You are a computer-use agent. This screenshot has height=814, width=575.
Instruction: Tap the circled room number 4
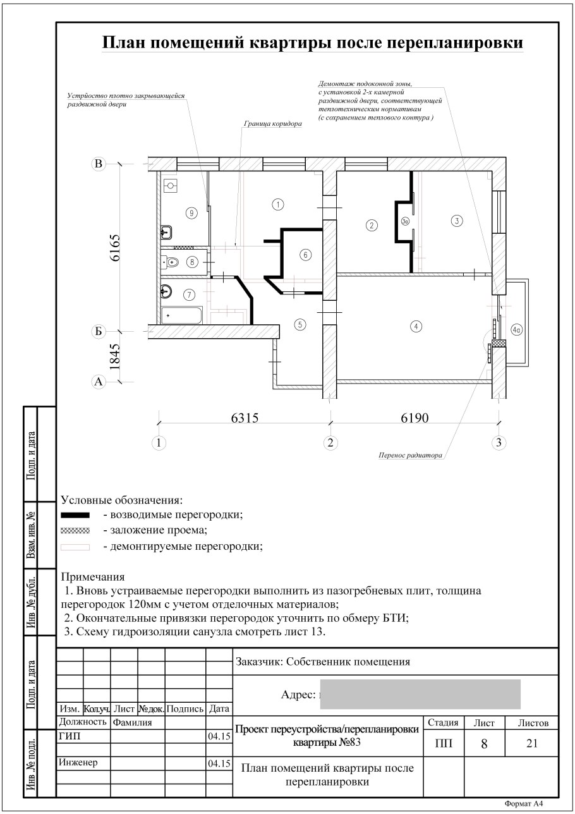coord(415,327)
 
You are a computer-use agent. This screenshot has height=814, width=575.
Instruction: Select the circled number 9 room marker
coord(191,213)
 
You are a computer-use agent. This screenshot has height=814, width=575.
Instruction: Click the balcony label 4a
coord(516,329)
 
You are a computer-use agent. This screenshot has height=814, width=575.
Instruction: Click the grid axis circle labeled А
coord(98,382)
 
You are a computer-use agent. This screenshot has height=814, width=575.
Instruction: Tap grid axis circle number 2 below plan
coord(329,442)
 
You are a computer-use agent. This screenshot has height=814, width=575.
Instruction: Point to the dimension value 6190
coord(414,418)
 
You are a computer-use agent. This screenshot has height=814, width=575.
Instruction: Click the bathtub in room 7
coord(182,314)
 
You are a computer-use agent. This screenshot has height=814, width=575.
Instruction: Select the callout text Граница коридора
coord(272,125)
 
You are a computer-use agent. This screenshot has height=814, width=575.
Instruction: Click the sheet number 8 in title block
coord(483,744)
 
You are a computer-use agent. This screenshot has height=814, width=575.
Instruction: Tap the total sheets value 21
coord(532,744)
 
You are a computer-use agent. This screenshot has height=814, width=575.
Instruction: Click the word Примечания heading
coord(93,577)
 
